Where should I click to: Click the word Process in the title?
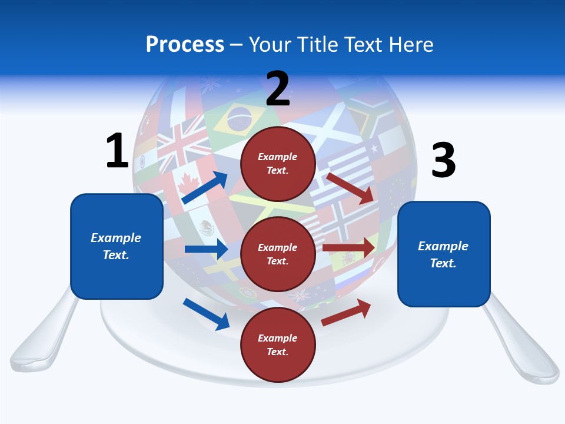pos(185,45)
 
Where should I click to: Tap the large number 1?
pos(117,151)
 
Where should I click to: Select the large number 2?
pos(278,89)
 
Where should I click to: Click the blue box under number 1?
pos(117,246)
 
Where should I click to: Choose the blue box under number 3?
pos(444,254)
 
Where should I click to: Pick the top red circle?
pos(278,164)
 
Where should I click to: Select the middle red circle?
pos(278,254)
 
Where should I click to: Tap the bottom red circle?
pos(278,344)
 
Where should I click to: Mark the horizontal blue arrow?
pos(206,249)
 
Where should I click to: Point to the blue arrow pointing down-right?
pos(206,314)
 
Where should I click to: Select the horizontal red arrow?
pos(348,248)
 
